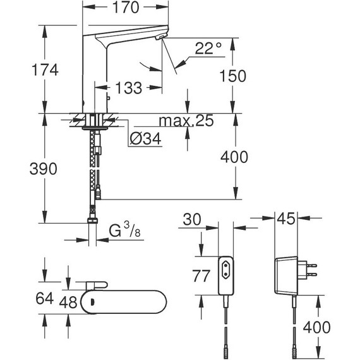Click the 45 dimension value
pyautogui.click(x=288, y=219)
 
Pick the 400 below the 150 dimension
pyautogui.click(x=234, y=157)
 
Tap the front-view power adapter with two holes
pyautogui.click(x=227, y=275)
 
